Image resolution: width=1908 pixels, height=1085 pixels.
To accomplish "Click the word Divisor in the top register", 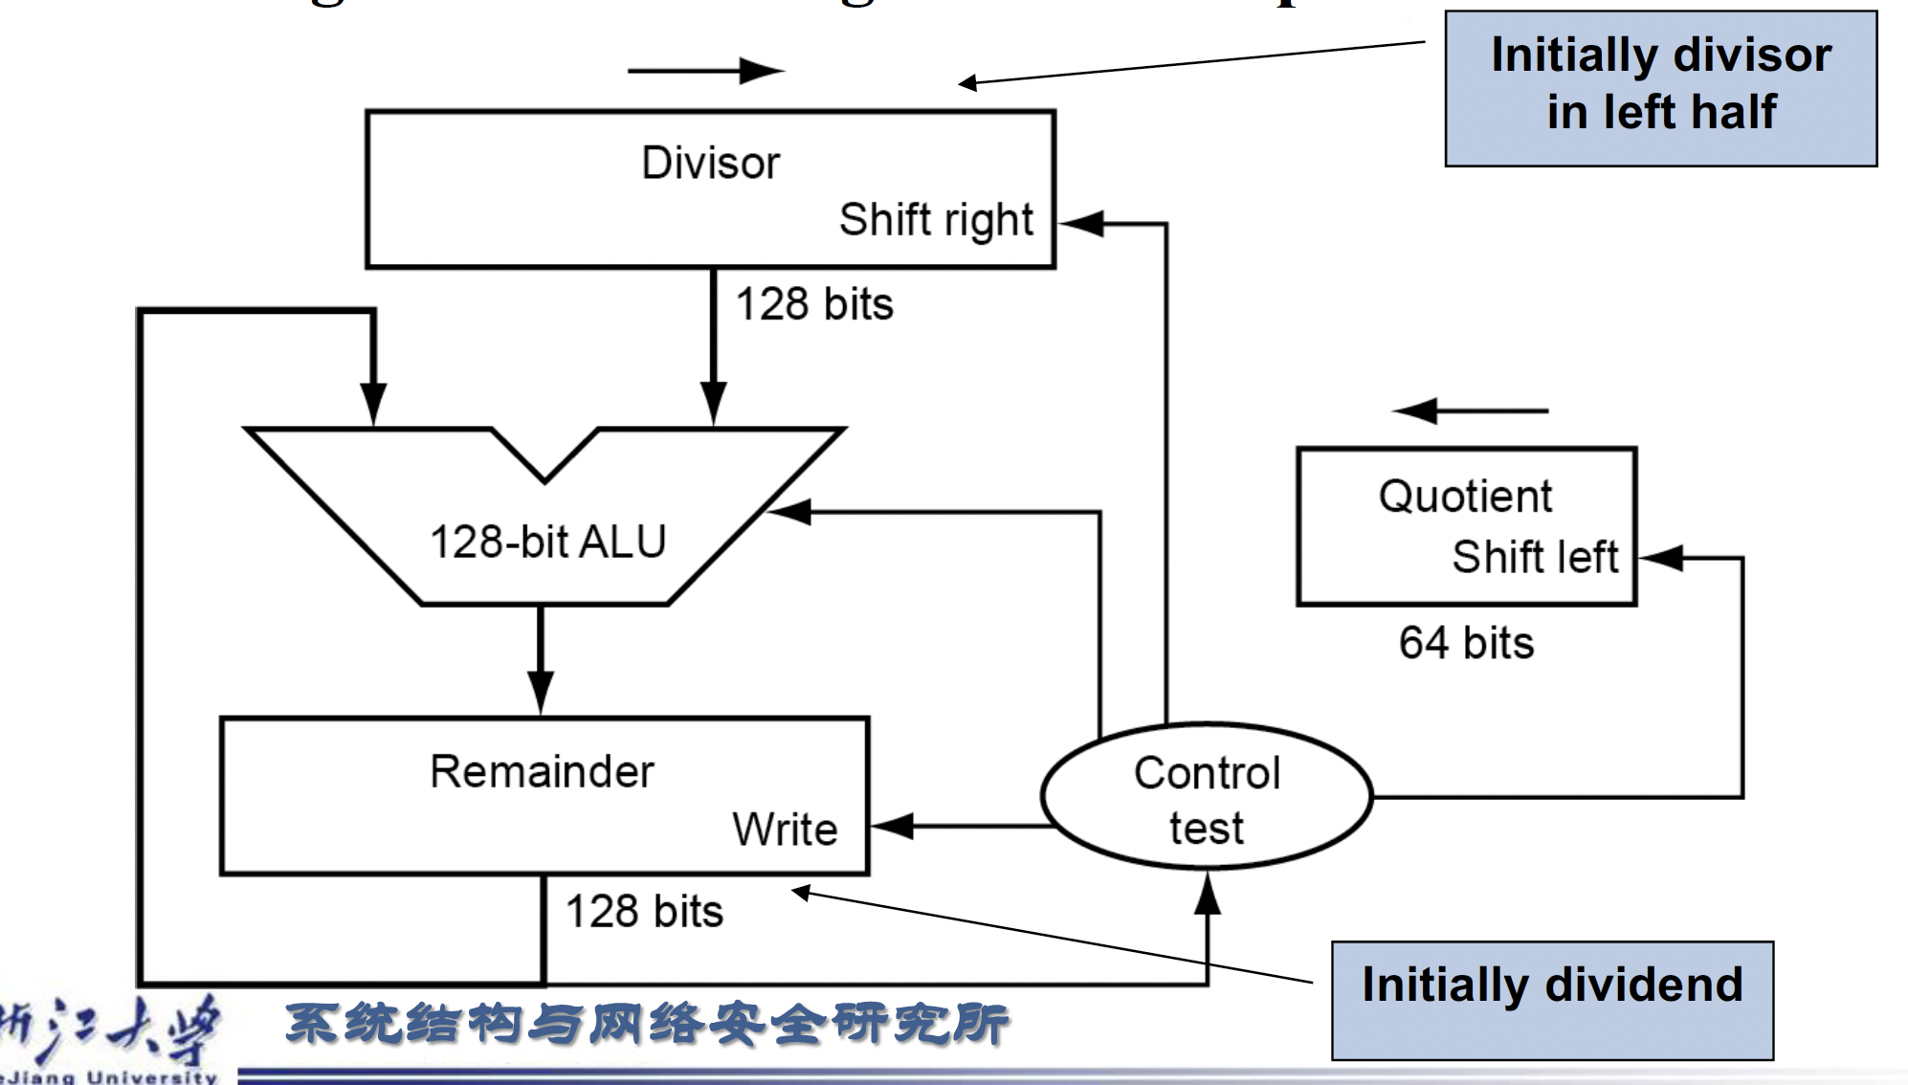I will (x=710, y=163).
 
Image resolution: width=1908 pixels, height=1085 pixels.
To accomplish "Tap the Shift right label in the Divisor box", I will (x=936, y=220).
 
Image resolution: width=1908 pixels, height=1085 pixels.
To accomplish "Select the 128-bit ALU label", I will (x=547, y=542).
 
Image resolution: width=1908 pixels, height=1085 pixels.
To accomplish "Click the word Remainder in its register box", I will (x=542, y=771).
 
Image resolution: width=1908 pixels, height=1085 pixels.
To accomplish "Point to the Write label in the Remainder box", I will (x=785, y=829).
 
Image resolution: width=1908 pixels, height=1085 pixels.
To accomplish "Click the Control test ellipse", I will (x=1207, y=797).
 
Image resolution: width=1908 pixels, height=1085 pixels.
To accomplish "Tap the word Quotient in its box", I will (x=1465, y=497).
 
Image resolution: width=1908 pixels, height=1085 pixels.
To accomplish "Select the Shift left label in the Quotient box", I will (x=1535, y=557).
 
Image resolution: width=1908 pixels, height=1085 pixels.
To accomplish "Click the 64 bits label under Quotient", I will (x=1466, y=643).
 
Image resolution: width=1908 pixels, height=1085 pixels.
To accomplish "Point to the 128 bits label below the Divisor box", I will (x=814, y=304).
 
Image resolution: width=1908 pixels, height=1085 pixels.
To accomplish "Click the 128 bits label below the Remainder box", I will (x=644, y=911).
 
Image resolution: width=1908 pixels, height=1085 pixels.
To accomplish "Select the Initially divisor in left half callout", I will (x=1660, y=88).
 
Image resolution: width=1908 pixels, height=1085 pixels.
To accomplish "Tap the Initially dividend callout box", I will (x=1551, y=999).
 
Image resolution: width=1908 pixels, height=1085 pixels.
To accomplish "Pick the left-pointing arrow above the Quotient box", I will (x=1470, y=410).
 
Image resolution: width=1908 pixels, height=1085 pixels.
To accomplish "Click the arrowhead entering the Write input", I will (x=890, y=826).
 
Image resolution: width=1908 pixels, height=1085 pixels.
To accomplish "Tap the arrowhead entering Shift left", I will (x=1659, y=558).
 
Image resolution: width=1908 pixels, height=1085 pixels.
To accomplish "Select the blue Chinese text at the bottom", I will (x=647, y=1024).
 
